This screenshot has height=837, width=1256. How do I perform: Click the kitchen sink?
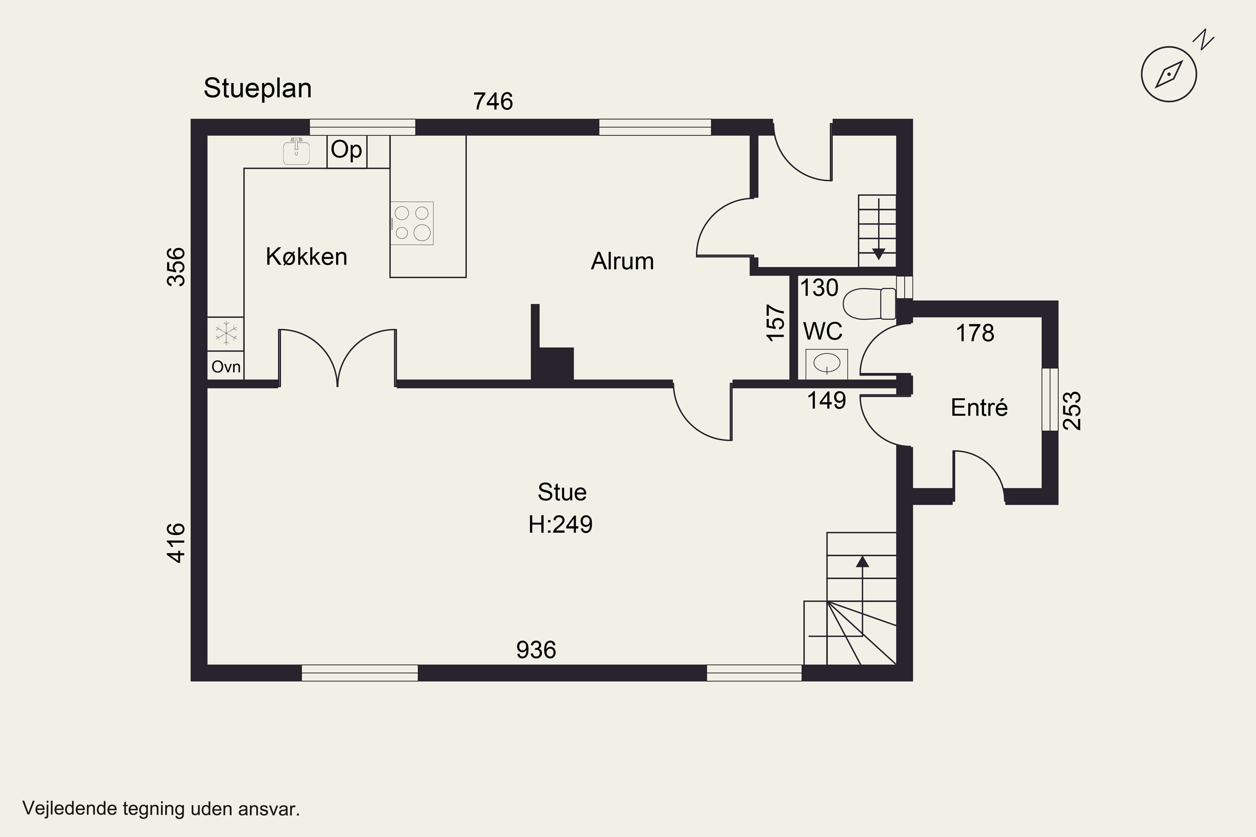coord(296,151)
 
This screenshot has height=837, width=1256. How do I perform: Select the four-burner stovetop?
coord(412,223)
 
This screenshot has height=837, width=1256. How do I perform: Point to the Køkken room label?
coord(306,257)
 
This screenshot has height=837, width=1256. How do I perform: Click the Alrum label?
coord(622,262)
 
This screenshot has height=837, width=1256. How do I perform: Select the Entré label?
coord(979,408)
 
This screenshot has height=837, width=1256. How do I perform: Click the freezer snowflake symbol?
coord(226,334)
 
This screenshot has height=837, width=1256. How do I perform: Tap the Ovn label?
coord(226,367)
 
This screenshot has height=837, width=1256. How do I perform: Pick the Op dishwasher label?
coord(347,150)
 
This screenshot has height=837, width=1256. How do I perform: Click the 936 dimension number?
coord(536,650)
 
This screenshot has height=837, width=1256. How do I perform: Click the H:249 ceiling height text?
coord(561,525)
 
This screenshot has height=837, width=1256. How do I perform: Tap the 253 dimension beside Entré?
coord(1072,411)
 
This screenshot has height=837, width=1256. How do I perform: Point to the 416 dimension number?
coord(176,543)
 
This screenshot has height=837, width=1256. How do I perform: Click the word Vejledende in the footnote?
coord(70,809)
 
